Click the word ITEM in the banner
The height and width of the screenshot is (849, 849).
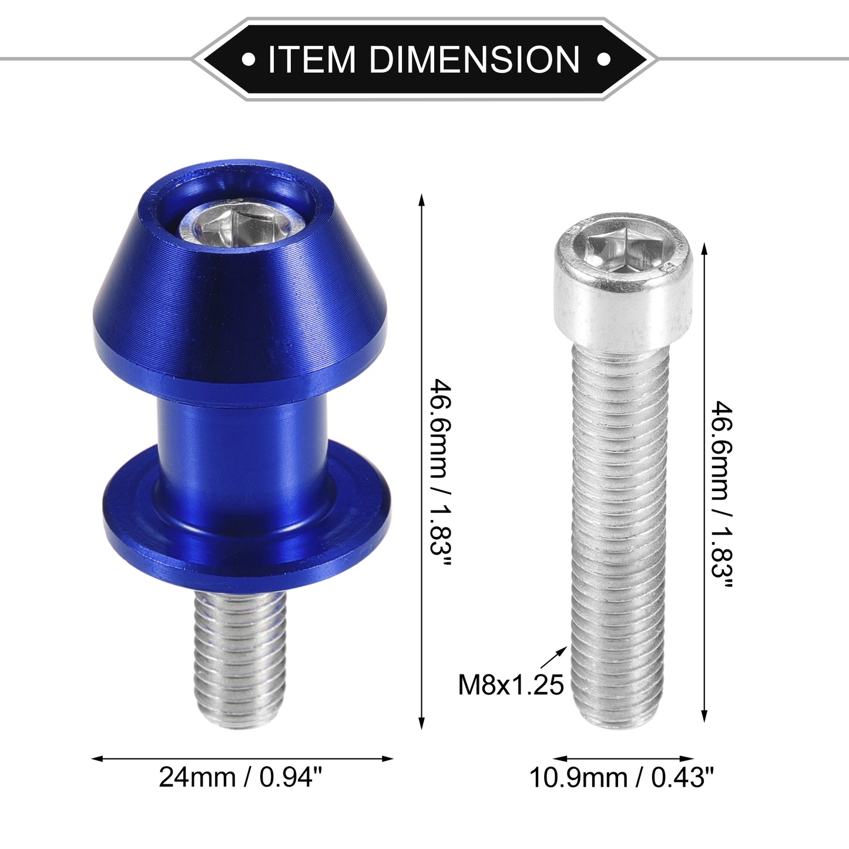(311, 59)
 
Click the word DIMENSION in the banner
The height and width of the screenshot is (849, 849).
(474, 59)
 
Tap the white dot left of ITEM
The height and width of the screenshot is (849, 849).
(249, 59)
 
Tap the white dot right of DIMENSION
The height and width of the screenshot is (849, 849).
(603, 59)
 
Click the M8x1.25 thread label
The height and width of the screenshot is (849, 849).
(511, 685)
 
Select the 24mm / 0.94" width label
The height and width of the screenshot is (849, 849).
(240, 778)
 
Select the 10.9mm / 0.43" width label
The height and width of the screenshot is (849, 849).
(621, 778)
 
